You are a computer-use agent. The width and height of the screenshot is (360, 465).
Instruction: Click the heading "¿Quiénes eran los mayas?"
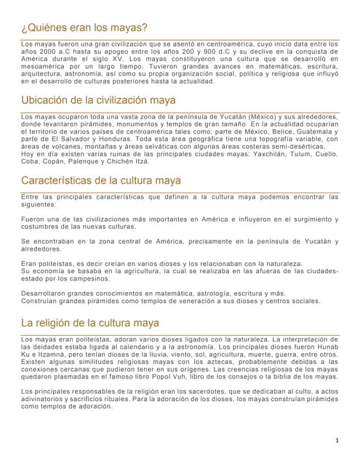(x=85, y=28)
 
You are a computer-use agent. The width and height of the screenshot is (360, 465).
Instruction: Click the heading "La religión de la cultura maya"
(x=90, y=321)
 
